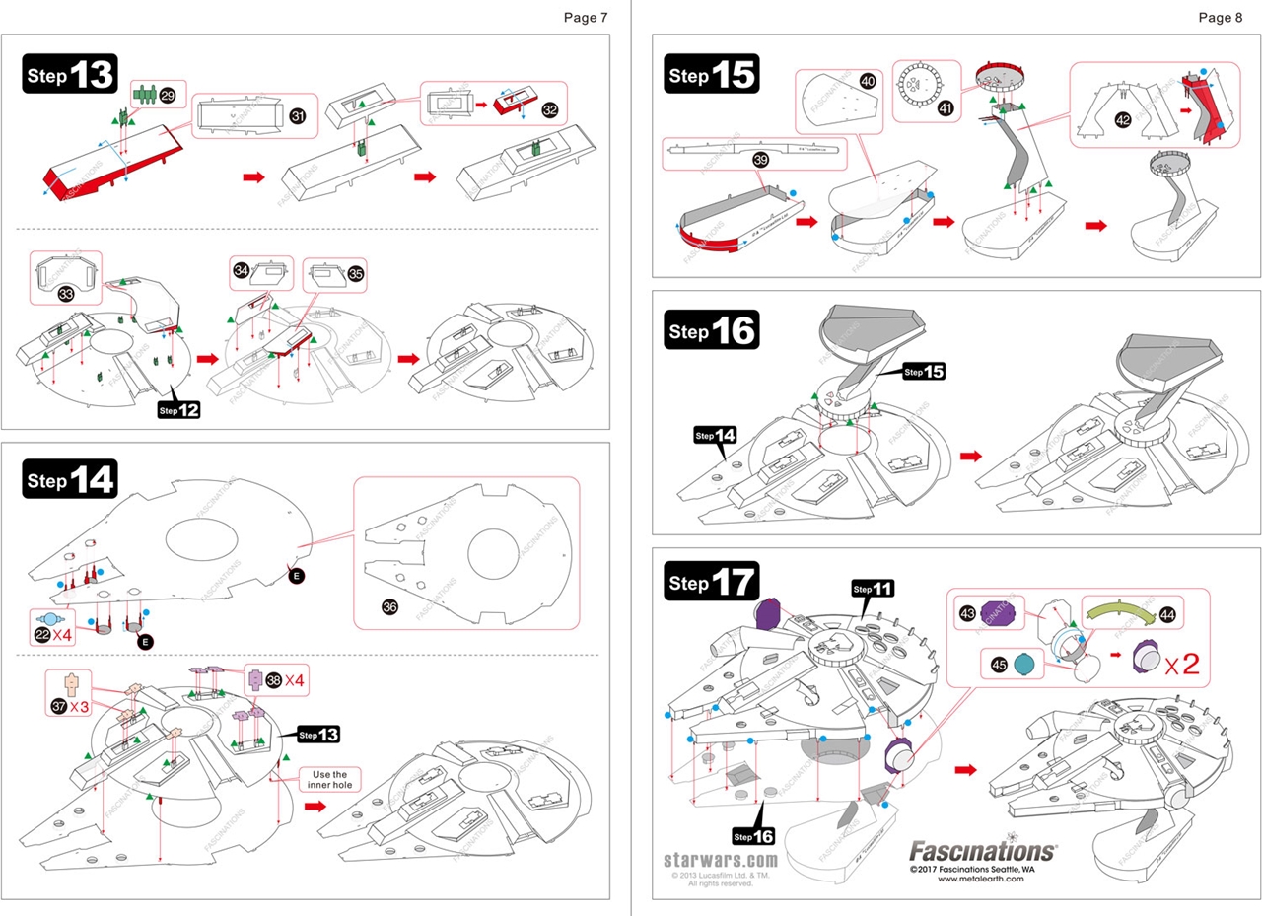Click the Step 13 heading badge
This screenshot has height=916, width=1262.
[69, 75]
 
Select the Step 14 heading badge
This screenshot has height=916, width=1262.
[69, 480]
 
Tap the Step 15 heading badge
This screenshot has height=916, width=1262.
[713, 75]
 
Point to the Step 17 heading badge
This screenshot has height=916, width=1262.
[713, 583]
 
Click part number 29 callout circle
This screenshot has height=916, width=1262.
[168, 96]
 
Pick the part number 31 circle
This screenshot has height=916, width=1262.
[297, 116]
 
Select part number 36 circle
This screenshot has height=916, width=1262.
[388, 604]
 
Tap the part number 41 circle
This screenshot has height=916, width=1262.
[946, 109]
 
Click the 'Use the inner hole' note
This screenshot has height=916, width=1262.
[329, 779]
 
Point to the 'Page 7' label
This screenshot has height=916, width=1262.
[586, 17]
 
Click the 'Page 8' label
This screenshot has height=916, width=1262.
[1221, 17]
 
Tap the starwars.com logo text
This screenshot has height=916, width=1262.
[715, 859]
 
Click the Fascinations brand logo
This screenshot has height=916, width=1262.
[981, 850]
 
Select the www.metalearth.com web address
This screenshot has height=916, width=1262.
[981, 880]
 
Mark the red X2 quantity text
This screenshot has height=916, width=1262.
[1181, 664]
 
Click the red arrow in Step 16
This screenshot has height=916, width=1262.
[972, 456]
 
